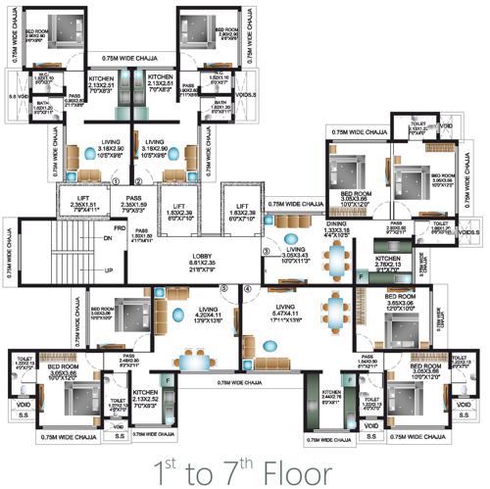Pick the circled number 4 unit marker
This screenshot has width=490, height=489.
click(248, 289)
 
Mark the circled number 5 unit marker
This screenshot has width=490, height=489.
click(223, 289)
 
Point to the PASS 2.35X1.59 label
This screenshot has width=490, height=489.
click(130, 203)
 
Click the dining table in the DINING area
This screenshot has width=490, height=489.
click(339, 258)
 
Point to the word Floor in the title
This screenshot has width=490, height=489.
click(289, 470)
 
